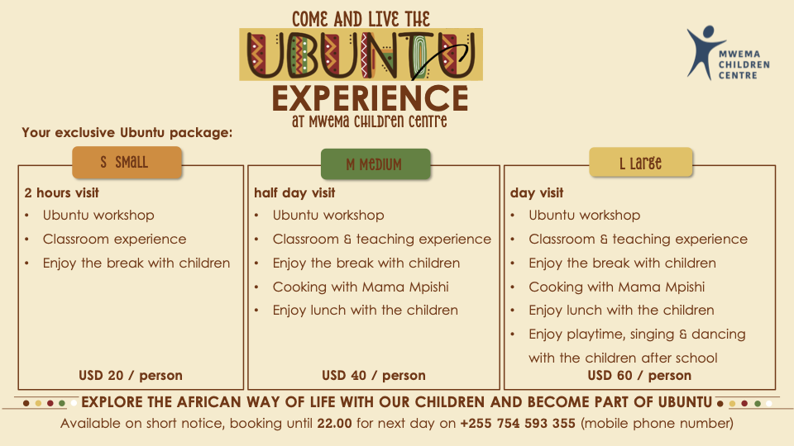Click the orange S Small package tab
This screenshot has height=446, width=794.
pos(127,163)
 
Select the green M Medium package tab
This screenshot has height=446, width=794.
pos(375,164)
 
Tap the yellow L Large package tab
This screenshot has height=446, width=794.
pos(640,163)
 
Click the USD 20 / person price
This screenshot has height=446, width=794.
pos(130,375)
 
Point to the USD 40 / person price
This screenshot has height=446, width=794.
pos(374,375)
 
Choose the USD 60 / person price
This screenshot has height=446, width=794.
pos(639,375)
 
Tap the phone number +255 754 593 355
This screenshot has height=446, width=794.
pos(518,423)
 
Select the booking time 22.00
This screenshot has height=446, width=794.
pos(334,423)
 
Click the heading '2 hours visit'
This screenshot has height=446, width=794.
pos(62,192)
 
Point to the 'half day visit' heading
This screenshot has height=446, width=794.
pos(294,192)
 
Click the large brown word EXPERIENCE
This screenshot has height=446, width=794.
pos(371,98)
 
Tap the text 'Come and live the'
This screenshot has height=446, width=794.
pos(361,19)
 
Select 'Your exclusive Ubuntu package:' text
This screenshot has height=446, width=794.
pos(127,132)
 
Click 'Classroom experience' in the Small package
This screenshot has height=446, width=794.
pos(114,239)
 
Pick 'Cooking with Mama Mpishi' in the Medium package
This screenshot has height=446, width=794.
pos(361,287)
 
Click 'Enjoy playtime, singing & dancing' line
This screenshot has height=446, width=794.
pos(637,334)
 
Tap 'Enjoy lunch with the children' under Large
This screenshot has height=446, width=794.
pos(621,310)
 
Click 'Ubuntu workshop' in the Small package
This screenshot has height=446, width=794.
pos(98,215)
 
